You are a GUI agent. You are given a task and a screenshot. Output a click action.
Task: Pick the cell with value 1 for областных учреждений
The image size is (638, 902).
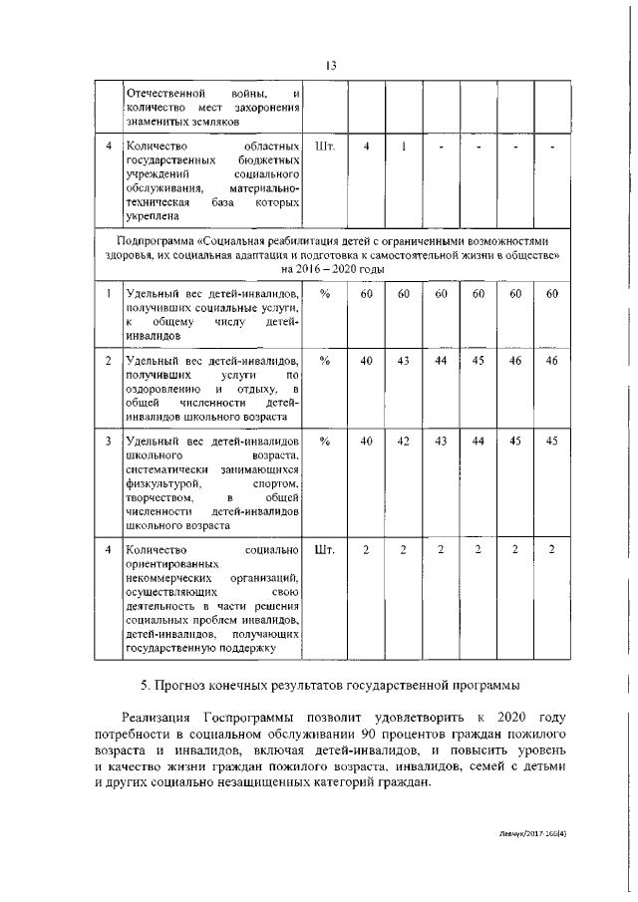tap(404, 148)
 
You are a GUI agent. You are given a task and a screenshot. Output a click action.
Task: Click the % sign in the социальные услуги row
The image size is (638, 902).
tap(324, 294)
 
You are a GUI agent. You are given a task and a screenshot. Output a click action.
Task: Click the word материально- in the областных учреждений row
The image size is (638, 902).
tap(264, 187)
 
